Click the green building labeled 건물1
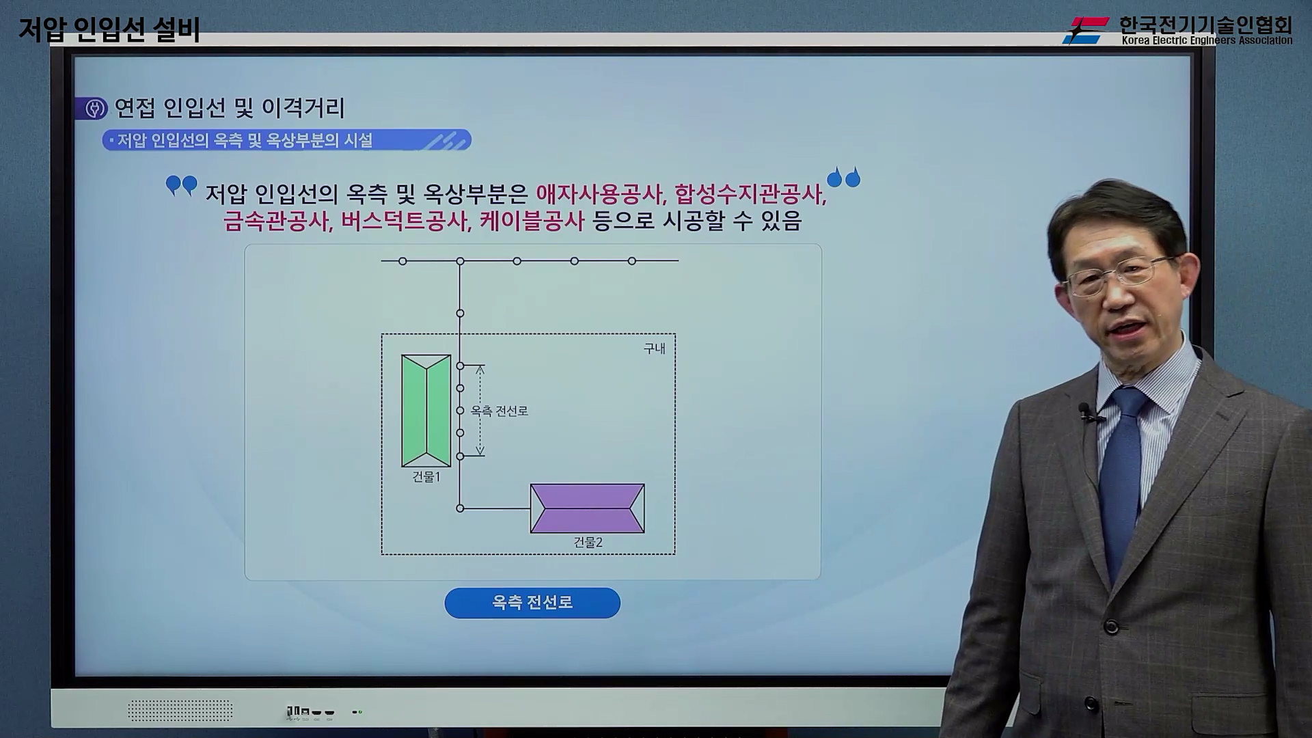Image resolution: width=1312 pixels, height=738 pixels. pos(426,411)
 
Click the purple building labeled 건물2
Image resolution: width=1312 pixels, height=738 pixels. pos(588,508)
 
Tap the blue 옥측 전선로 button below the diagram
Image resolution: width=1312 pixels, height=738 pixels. pos(532,603)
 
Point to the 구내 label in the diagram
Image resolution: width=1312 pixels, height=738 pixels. pos(654,348)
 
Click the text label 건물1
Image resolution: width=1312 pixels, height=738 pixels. pos(426,477)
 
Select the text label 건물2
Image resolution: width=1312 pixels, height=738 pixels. pos(588,543)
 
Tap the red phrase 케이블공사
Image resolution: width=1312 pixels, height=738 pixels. pos(532,221)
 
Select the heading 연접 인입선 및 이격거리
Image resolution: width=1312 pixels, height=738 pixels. pos(230,108)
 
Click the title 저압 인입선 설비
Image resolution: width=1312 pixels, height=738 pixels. pos(109,29)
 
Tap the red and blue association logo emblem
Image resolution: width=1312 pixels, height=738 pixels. pos(1085,31)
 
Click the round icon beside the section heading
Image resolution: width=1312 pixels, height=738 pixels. pos(95,109)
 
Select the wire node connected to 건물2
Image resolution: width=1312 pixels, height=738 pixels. pos(460,508)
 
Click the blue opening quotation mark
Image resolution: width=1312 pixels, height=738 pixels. pos(182,185)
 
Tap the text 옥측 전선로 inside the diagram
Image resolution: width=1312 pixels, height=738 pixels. pos(500,411)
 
